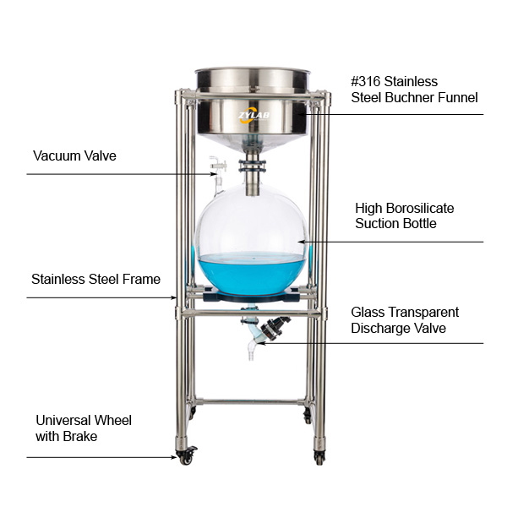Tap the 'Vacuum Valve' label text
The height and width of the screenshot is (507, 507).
pyautogui.click(x=74, y=155)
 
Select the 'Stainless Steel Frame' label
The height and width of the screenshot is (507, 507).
pyautogui.click(x=95, y=279)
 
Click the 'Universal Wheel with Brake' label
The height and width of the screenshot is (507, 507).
pyautogui.click(x=84, y=428)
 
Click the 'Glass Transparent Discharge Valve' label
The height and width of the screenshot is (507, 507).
pyautogui.click(x=405, y=319)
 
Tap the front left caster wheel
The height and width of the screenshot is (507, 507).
pyautogui.click(x=184, y=456)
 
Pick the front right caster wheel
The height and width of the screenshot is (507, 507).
pyautogui.click(x=319, y=457)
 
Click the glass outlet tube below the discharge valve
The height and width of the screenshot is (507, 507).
pyautogui.click(x=251, y=348)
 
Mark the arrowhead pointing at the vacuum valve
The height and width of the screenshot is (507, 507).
pyautogui.click(x=215, y=174)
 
